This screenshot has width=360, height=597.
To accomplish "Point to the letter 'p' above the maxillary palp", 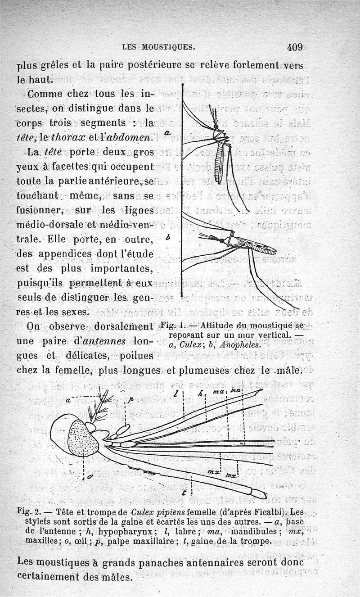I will pyautogui.click(x=131, y=399).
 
